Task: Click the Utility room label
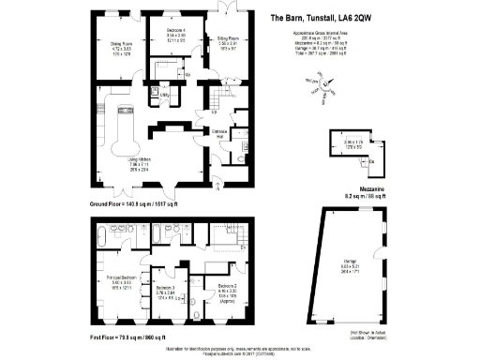[164, 95]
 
